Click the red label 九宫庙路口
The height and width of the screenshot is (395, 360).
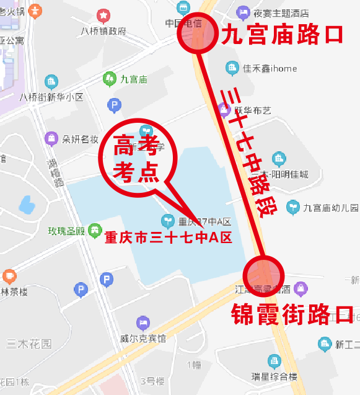pos(281,34)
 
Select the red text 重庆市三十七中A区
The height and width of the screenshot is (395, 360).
pos(167,237)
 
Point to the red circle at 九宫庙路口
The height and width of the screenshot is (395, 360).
pos(198,35)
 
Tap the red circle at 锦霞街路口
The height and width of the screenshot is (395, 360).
pos(265,274)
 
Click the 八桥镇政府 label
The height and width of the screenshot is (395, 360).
pos(103,31)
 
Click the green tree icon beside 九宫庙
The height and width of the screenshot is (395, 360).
pos(110,78)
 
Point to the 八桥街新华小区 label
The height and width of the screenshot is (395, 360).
pos(51,97)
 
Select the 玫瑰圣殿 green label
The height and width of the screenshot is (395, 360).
pos(66,232)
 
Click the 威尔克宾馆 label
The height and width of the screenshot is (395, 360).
pos(143,339)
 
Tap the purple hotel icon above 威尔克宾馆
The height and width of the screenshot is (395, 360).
pos(143,322)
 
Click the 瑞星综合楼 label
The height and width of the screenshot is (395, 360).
pos(274,376)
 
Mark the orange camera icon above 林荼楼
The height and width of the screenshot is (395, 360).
pos(9,275)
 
